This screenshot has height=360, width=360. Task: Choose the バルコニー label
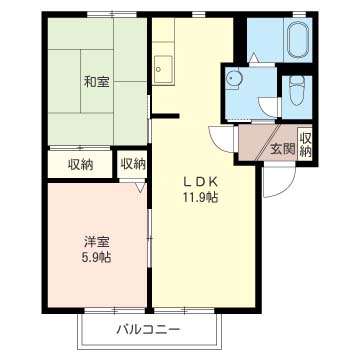tap(147, 328)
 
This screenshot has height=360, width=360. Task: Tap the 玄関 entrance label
tap(282, 150)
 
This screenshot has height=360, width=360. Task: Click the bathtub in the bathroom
tap(298, 43)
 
